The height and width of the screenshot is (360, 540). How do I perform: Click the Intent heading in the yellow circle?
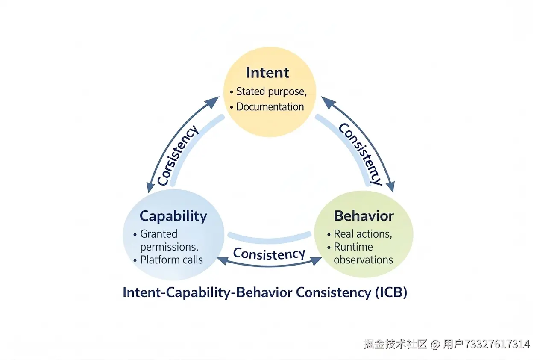(268, 73)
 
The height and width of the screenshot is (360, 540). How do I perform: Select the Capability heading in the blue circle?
(173, 216)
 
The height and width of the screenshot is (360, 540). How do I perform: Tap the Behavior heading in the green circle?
(364, 216)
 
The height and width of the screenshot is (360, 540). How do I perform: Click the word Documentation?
(270, 106)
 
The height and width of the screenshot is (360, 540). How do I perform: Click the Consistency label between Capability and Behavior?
(269, 254)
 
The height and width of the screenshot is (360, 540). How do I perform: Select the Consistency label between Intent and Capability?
(178, 155)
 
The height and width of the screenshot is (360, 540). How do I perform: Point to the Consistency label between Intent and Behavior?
(360, 154)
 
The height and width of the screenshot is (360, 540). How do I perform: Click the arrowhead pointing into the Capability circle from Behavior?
(221, 259)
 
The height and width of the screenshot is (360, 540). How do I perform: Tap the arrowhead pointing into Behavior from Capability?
(317, 260)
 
